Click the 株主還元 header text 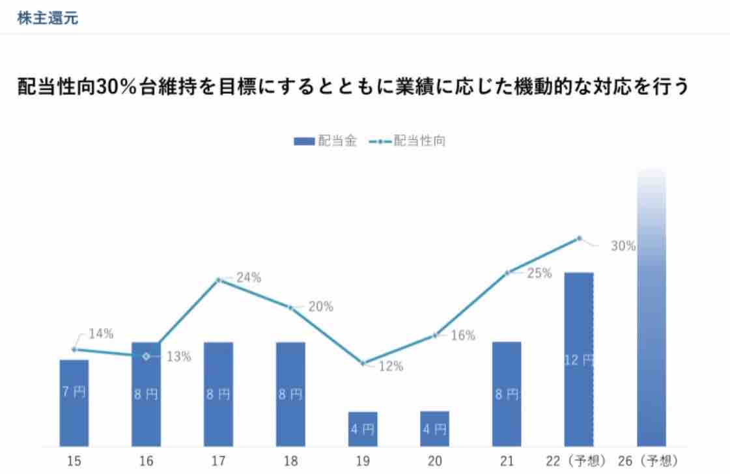[48, 18]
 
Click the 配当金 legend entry [325, 141]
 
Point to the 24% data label [248, 277]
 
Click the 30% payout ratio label [623, 246]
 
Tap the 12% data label [391, 366]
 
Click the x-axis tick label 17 [219, 462]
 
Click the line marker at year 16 [147, 355]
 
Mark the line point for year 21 [507, 272]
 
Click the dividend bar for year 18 [290, 394]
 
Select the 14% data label [101, 334]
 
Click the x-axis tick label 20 [434, 462]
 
